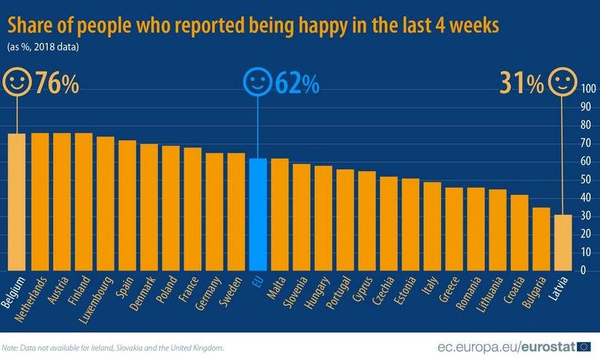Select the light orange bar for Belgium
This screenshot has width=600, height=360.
coord(17,201)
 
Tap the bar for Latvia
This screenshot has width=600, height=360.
coord(564,242)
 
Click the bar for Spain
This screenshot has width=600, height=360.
coord(127,205)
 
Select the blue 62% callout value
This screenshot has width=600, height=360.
coord(296,84)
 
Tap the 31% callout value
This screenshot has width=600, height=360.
coord(522,84)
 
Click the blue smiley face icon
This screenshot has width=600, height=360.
coord(258,82)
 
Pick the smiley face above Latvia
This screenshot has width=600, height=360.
coord(563,83)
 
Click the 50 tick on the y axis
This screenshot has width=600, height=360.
coord(587,180)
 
